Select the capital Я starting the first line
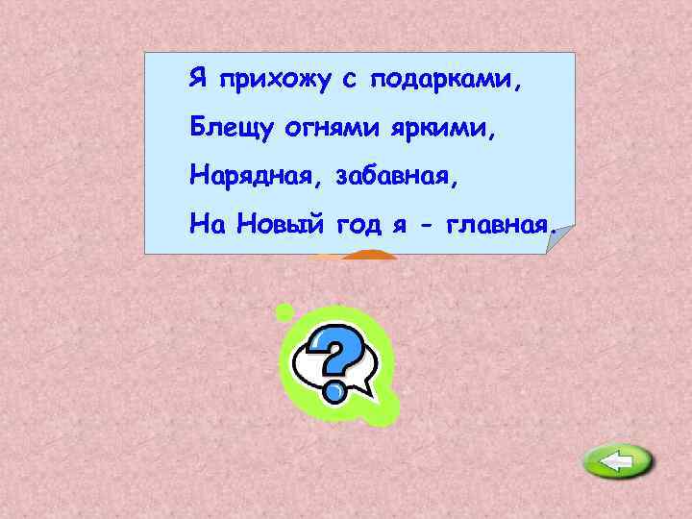pos(197,77)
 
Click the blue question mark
pos(335,359)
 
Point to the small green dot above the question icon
pos(284,311)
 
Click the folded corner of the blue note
pos(559,239)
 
